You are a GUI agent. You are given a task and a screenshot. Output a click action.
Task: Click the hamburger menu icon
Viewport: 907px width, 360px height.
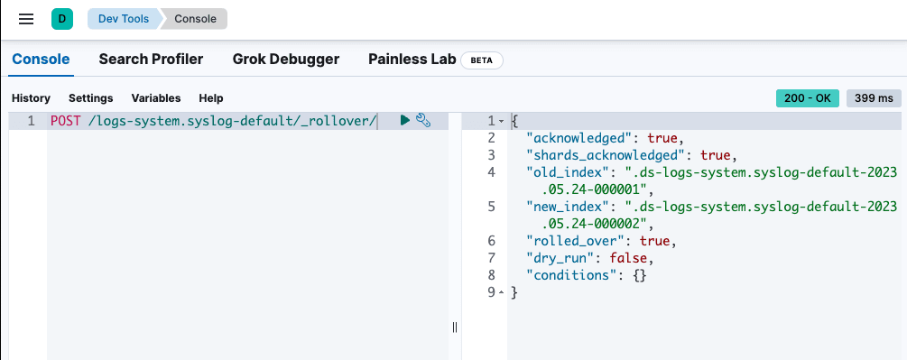[x=26, y=18]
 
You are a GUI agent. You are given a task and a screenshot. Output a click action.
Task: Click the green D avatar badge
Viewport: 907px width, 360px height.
[x=61, y=18]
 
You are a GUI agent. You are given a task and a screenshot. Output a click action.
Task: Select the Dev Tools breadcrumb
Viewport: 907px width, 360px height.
[x=123, y=18]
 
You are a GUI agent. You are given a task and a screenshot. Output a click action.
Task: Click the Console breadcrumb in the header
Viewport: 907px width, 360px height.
[x=195, y=18]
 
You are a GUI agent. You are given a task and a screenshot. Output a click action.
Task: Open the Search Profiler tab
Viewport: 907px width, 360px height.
[x=151, y=60]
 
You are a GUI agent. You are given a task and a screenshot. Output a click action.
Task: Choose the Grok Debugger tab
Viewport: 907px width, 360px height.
[x=285, y=60]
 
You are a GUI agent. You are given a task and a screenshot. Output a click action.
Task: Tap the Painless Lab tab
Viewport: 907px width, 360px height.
[x=412, y=60]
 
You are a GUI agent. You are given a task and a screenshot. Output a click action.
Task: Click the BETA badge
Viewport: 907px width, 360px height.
[x=482, y=60]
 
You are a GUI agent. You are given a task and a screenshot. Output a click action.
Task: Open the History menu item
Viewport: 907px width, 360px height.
[x=31, y=97]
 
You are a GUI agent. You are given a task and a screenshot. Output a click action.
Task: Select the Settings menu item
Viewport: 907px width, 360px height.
[x=91, y=97]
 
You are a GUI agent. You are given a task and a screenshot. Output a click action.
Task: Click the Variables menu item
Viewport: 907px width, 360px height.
[x=156, y=97]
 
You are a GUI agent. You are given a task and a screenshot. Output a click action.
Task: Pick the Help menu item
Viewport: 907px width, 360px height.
[x=210, y=97]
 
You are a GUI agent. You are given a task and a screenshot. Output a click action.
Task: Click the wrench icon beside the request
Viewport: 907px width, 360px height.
[x=422, y=120]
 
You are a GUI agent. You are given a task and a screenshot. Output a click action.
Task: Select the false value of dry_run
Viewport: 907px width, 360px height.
[x=626, y=258]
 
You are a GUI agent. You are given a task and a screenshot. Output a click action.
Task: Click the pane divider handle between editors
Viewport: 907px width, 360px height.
[x=455, y=328]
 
